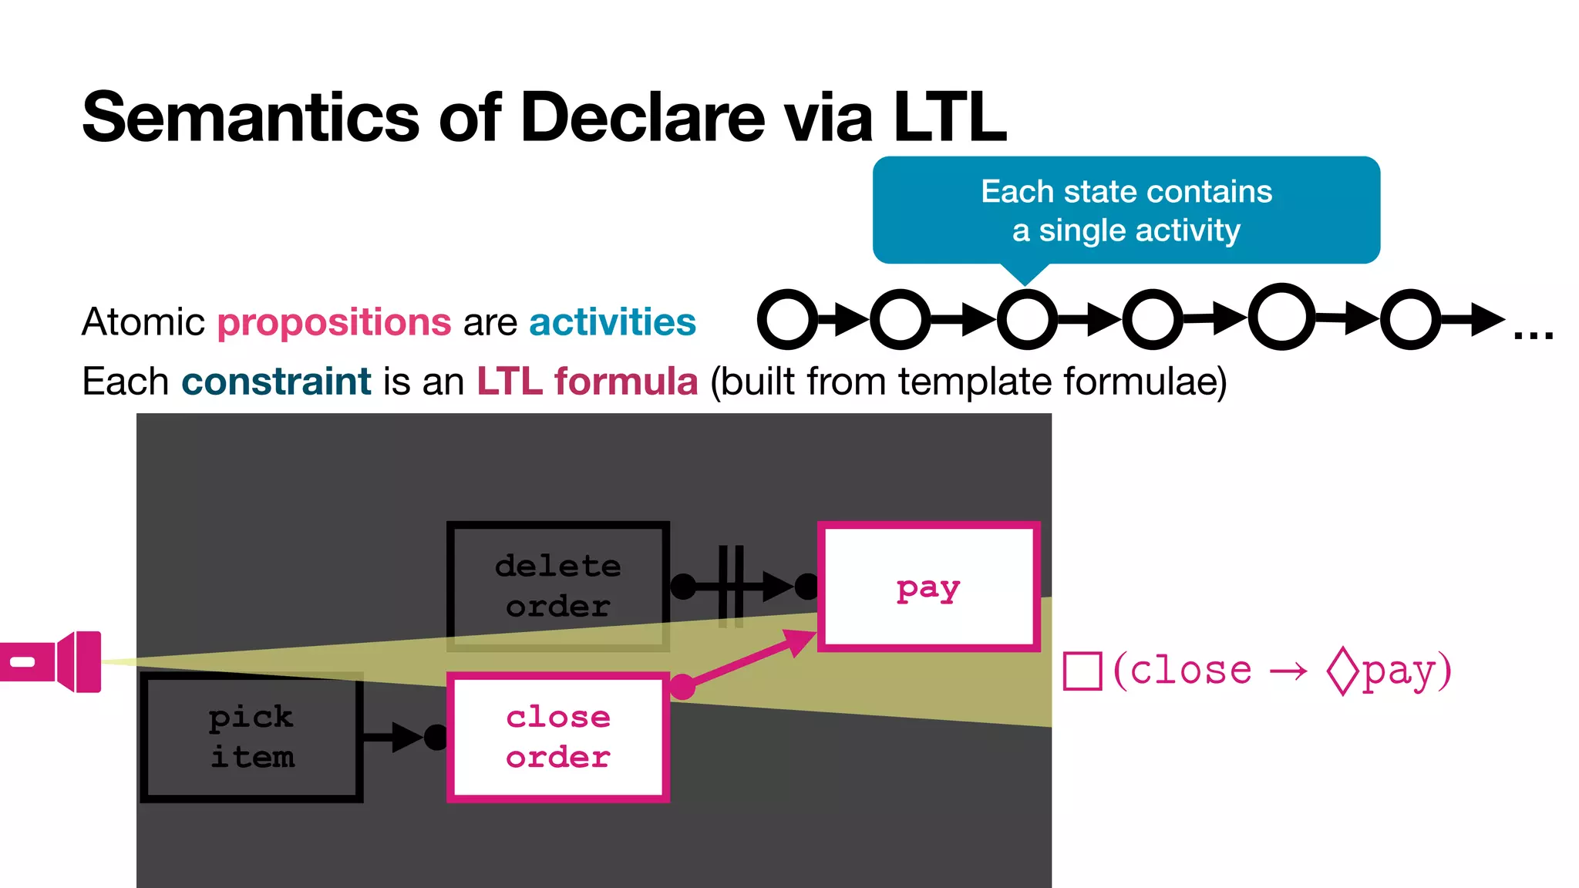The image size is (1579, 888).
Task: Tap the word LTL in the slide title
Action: click(x=950, y=117)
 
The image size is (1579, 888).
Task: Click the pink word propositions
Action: click(x=334, y=322)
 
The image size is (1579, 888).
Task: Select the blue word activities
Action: click(x=612, y=322)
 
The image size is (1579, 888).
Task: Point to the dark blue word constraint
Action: click(x=276, y=382)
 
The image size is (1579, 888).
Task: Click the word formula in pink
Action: click(x=626, y=382)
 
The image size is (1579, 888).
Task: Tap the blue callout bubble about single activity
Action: click(x=1126, y=210)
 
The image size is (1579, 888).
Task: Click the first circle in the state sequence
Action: click(x=787, y=319)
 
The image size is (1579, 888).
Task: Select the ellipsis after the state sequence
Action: click(x=1533, y=335)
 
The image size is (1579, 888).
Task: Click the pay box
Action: click(x=928, y=587)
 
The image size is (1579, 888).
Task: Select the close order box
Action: click(x=557, y=738)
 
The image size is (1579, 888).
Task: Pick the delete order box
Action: click(x=557, y=587)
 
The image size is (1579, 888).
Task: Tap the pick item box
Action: click(x=251, y=738)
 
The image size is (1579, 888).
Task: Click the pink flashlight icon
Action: click(x=54, y=661)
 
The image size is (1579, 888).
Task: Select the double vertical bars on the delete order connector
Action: click(x=730, y=587)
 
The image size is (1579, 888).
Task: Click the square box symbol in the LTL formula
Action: click(x=1082, y=671)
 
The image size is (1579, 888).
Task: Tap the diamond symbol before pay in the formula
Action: click(x=1342, y=671)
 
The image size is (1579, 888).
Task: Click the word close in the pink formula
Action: click(x=1190, y=671)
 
